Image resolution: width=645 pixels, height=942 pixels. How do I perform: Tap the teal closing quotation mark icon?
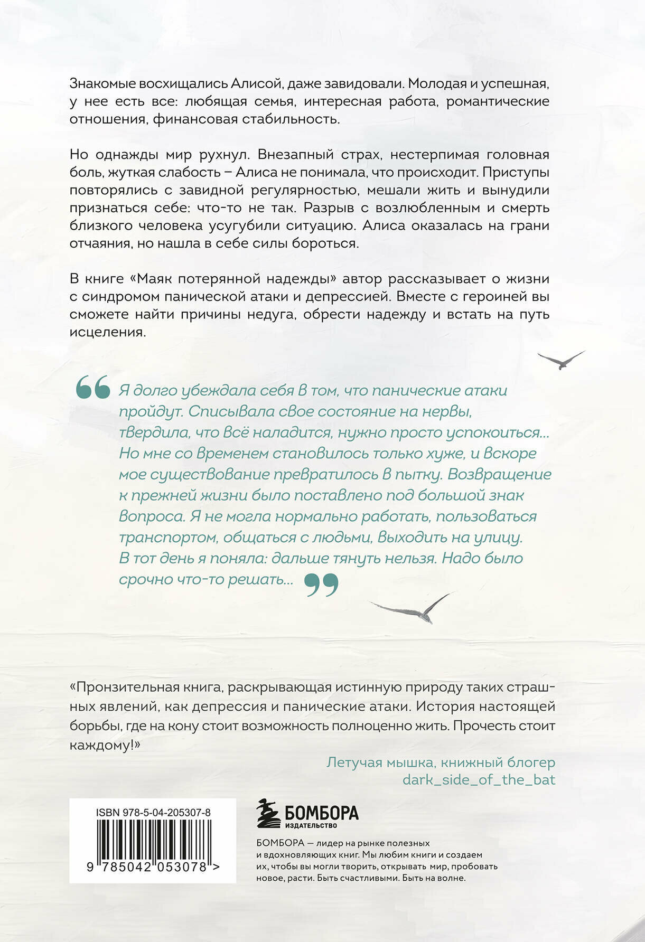(322, 585)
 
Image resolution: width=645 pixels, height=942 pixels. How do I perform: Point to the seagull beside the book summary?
(561, 361)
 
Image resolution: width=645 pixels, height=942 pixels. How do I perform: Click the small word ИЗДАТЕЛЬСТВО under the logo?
(311, 825)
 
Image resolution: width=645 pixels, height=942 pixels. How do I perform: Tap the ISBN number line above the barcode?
(154, 813)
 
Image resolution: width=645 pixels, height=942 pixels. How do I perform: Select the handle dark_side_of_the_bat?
(479, 779)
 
